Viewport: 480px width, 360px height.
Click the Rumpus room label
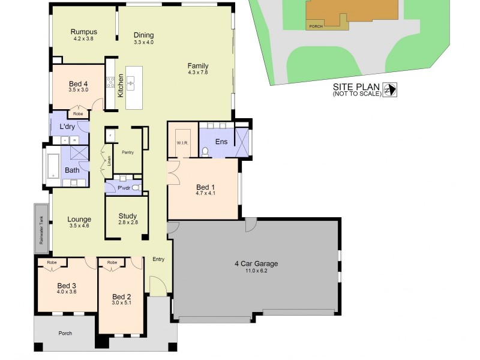83,32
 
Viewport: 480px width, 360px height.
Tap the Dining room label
143,35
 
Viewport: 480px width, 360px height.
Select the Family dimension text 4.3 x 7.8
197,73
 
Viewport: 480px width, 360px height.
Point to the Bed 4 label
79,84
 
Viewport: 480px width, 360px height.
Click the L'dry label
67,127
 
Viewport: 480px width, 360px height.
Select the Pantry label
127,152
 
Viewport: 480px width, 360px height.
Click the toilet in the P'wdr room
136,188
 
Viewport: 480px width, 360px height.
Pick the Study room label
128,216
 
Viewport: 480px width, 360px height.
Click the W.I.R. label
182,143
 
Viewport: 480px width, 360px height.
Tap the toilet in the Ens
205,151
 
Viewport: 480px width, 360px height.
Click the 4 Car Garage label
256,263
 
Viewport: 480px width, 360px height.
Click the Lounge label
79,220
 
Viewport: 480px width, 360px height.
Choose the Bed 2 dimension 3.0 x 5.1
121,304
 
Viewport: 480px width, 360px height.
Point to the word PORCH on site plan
316,26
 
